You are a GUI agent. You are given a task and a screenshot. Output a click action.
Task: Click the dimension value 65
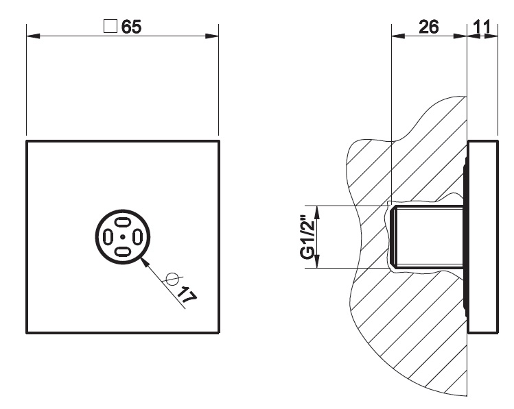click(x=132, y=27)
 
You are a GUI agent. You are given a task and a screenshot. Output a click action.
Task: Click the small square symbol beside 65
click(x=110, y=26)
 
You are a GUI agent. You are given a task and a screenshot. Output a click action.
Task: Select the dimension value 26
click(x=429, y=27)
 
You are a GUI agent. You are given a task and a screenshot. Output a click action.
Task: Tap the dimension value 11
click(x=482, y=27)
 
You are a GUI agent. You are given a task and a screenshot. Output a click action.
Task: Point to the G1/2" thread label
click(x=307, y=236)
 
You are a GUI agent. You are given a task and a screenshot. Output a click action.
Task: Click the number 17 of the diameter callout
click(x=187, y=295)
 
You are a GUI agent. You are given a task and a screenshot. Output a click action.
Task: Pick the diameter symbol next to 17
click(x=172, y=279)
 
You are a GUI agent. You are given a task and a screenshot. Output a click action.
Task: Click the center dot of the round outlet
click(x=123, y=236)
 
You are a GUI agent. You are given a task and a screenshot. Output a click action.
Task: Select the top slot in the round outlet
click(x=123, y=223)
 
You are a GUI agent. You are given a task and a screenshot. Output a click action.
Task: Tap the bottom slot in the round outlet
click(x=123, y=251)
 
